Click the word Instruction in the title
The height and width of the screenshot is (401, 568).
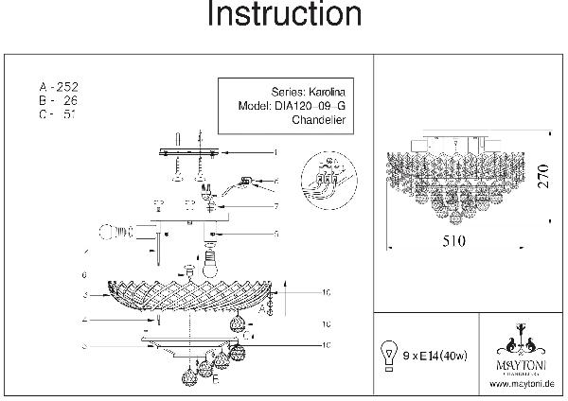point(283,16)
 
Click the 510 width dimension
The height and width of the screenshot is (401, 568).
point(455,239)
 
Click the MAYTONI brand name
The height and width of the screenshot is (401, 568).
point(520,360)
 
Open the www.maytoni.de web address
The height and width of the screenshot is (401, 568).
point(521,384)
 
